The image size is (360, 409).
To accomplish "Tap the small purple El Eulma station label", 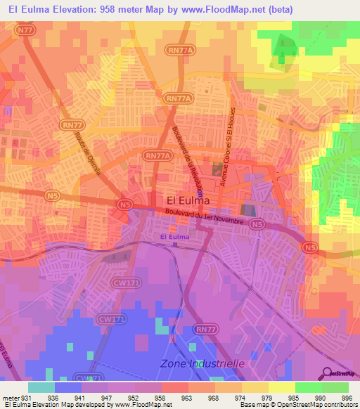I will point(174,238).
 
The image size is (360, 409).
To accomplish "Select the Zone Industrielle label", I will point(202,363).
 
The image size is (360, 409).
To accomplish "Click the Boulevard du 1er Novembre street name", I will point(204,216).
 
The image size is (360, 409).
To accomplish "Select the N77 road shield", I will point(26,30).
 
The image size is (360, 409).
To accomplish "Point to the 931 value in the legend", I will point(27,397).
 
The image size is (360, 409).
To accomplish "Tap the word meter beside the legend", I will point(10,397).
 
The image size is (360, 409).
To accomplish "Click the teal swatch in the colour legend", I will point(41,387).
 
